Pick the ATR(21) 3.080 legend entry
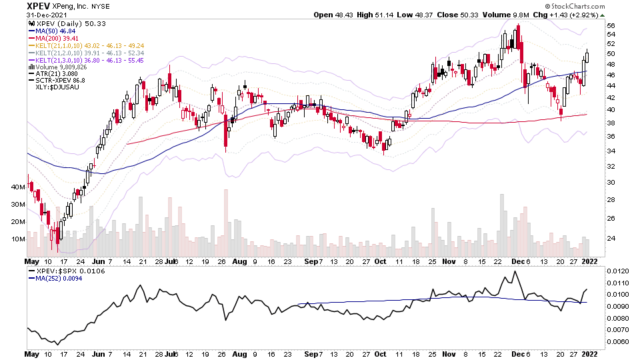(x=52, y=74)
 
